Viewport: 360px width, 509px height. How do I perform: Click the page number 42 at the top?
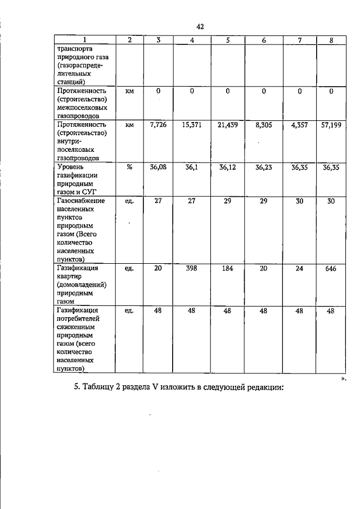click(200, 26)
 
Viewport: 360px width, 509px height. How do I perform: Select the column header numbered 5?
click(227, 40)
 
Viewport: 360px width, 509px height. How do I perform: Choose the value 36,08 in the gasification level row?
click(159, 167)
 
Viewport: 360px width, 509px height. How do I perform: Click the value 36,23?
click(263, 167)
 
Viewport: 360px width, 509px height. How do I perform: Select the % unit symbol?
click(129, 167)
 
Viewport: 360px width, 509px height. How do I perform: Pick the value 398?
click(192, 269)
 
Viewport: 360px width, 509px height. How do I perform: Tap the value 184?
click(227, 269)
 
